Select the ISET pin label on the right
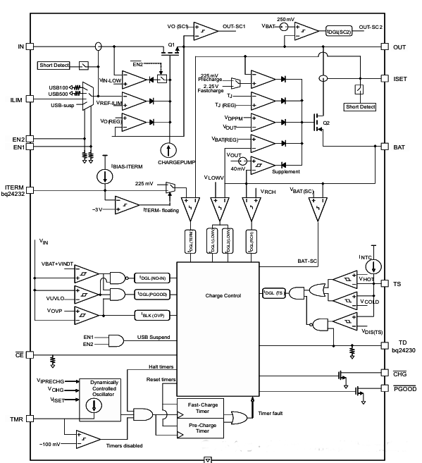(x=399, y=79)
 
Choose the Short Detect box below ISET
(x=359, y=107)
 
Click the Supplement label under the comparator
(x=286, y=171)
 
